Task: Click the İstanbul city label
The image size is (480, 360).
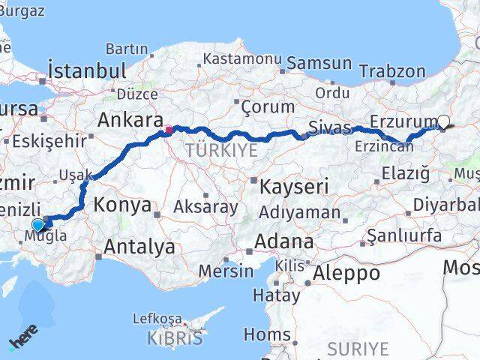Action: coord(87,71)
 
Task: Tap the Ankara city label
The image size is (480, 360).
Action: coord(130,120)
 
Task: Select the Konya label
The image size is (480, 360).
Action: coord(122,205)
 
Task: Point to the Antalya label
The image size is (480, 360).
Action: coord(139,246)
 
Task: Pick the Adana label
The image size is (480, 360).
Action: coord(284,241)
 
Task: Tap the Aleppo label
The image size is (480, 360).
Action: coord(347,272)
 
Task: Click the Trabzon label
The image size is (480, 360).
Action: coord(392,71)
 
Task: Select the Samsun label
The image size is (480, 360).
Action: coord(319,64)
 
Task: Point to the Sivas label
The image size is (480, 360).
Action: coord(331,127)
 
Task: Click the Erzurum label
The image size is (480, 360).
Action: coord(404,121)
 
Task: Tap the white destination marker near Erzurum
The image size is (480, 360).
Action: coord(444,121)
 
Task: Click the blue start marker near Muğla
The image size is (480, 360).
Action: coord(38,224)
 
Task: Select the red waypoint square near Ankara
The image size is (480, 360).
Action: coord(169,130)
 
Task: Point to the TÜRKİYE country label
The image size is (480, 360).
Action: coord(221,151)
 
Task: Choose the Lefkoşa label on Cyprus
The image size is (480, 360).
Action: coord(157,319)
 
